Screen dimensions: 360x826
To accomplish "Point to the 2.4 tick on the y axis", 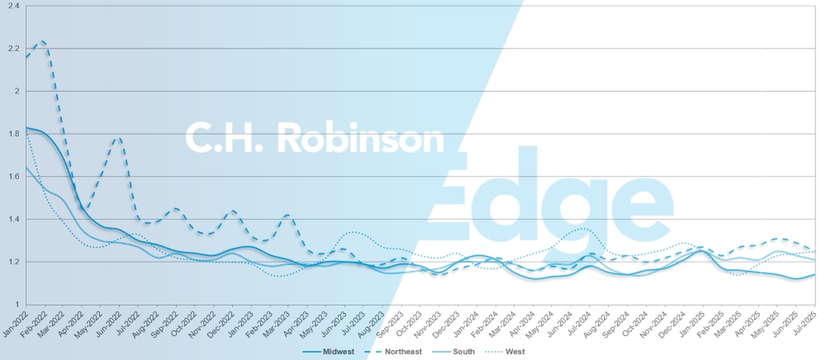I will coord(13,6).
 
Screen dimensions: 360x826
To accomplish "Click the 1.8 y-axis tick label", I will coord(13,134).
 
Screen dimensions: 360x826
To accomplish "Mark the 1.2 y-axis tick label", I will coord(13,262).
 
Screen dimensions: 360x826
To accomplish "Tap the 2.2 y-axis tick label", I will coord(13,48).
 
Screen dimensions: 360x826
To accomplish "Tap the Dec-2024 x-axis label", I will coord(676,322).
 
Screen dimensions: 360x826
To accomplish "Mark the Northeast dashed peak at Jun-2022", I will coord(119,137).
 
